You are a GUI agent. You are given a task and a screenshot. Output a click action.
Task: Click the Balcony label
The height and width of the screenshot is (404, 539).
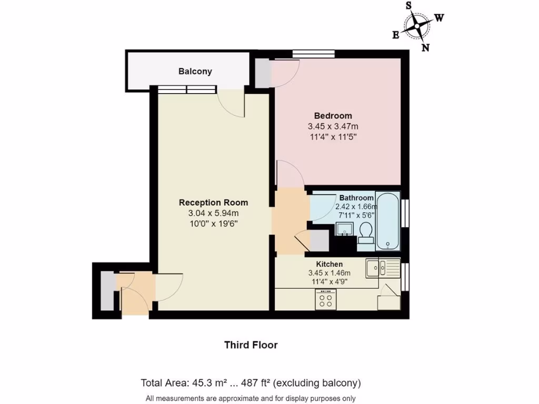[195, 72]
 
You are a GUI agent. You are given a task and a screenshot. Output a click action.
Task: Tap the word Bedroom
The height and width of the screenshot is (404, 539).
[333, 116]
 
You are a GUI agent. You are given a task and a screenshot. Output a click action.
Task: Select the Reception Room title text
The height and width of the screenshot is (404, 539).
[213, 203]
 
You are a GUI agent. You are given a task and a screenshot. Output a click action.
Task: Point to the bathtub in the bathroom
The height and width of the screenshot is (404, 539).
[388, 220]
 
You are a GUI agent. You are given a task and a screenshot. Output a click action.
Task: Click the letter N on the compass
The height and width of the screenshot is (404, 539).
[426, 48]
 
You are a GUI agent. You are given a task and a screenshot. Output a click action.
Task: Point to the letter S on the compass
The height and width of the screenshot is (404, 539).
[408, 6]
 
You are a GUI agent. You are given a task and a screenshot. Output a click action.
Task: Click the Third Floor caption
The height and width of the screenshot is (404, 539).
[251, 345]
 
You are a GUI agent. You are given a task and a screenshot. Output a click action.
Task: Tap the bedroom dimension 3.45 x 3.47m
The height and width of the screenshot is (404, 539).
[333, 127]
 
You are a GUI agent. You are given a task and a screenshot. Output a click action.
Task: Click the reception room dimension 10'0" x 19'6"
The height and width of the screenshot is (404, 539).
[213, 223]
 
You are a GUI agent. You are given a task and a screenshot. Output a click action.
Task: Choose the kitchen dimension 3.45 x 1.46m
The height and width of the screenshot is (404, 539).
[329, 273]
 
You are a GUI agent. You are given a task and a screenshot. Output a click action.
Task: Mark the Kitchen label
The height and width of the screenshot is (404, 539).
[329, 264]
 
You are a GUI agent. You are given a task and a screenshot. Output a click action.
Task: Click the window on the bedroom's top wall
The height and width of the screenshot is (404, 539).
[314, 53]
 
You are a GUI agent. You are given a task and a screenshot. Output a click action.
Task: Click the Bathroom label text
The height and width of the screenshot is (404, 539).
[356, 198]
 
